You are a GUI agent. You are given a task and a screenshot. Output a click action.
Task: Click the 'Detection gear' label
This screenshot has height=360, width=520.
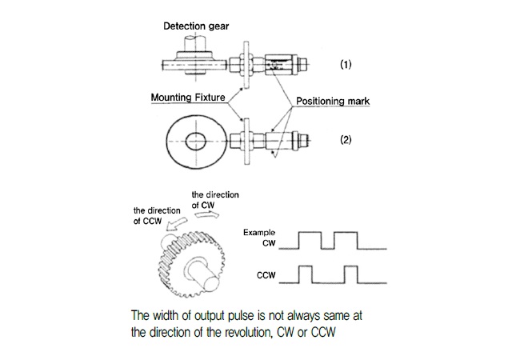196,26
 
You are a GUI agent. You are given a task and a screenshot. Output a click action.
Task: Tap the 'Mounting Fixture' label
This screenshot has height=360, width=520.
188,98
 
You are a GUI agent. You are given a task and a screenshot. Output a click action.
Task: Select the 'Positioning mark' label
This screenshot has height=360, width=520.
333,101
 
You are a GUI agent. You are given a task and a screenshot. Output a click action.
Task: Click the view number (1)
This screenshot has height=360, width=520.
346,64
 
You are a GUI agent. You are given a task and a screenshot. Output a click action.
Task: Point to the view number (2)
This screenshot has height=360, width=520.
346,139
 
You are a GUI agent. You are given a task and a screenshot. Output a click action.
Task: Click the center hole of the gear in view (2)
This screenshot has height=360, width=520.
196,142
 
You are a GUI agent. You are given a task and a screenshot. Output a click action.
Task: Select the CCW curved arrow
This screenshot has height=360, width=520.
176,225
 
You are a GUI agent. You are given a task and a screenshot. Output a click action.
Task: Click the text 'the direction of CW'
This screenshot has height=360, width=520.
215,200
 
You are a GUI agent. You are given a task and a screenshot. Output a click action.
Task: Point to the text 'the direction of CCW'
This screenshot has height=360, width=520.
157,216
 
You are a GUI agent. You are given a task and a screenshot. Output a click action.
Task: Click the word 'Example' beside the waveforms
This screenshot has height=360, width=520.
259,232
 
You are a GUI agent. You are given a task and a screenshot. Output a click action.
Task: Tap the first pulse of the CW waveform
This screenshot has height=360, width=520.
310,240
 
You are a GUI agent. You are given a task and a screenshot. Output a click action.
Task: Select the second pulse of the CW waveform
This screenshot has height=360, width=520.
346,240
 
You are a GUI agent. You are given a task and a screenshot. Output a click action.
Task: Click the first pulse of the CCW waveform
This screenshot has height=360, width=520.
306,274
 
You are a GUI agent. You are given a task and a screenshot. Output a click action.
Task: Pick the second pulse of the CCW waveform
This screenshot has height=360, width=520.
351,274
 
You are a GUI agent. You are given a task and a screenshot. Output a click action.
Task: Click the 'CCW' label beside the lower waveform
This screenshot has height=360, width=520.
266,275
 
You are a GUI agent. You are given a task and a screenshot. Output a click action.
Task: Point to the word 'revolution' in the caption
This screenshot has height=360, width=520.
248,332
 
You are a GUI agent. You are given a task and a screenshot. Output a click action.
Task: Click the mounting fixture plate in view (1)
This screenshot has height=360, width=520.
246,65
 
